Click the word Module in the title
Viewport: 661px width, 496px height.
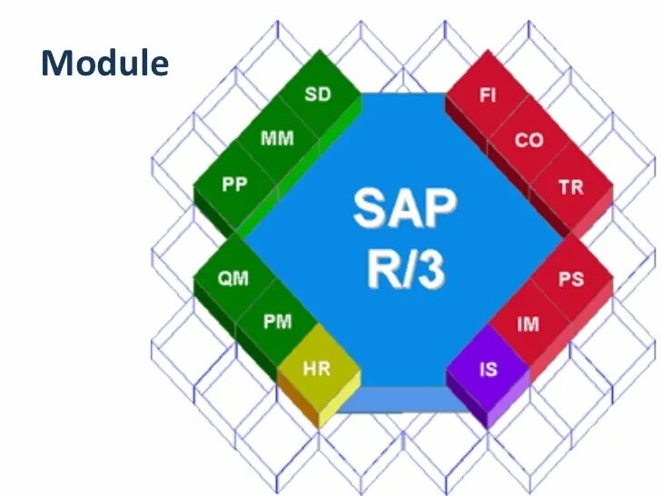[105, 64]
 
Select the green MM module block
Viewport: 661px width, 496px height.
[276, 139]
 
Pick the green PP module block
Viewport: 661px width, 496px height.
[234, 184]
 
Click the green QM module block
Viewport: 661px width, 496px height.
[233, 279]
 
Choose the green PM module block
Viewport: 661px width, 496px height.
[277, 322]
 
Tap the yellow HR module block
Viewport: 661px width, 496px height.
[317, 370]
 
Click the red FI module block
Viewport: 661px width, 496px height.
[488, 95]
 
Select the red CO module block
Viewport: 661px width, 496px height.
[528, 141]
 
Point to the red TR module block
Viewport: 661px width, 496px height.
[571, 187]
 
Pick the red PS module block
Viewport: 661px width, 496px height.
[570, 279]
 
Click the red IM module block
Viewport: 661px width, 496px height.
[528, 323]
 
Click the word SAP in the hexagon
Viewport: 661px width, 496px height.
[404, 209]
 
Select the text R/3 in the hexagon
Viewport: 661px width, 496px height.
[404, 268]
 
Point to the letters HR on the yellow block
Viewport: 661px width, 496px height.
[317, 370]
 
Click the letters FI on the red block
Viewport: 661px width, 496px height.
[488, 95]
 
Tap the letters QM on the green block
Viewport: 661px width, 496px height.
[233, 279]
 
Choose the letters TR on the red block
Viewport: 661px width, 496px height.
[571, 187]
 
